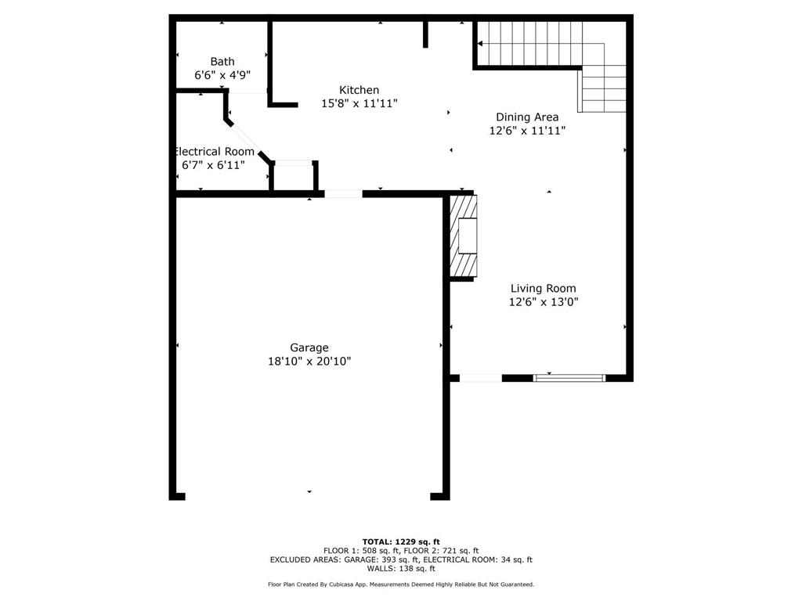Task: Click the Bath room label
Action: tap(222, 61)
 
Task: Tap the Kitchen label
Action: tap(359, 90)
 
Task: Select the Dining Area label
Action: tap(527, 117)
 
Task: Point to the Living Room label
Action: tap(544, 288)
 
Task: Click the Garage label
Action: tap(309, 348)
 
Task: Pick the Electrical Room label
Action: tap(215, 152)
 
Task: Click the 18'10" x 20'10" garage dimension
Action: tap(309, 362)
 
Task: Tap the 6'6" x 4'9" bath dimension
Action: tap(222, 75)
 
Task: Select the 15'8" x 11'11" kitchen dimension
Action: tap(359, 103)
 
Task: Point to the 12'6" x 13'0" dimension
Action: tap(544, 301)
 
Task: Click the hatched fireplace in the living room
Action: tap(464, 236)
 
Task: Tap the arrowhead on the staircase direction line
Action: tap(480, 44)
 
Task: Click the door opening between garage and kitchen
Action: tap(343, 194)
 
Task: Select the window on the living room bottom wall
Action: tap(569, 378)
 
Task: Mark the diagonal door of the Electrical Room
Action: tap(246, 139)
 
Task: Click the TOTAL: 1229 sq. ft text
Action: tap(401, 542)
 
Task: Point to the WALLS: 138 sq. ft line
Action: tap(401, 568)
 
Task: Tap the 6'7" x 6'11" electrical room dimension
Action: tap(214, 165)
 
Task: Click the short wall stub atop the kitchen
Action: tap(425, 34)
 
